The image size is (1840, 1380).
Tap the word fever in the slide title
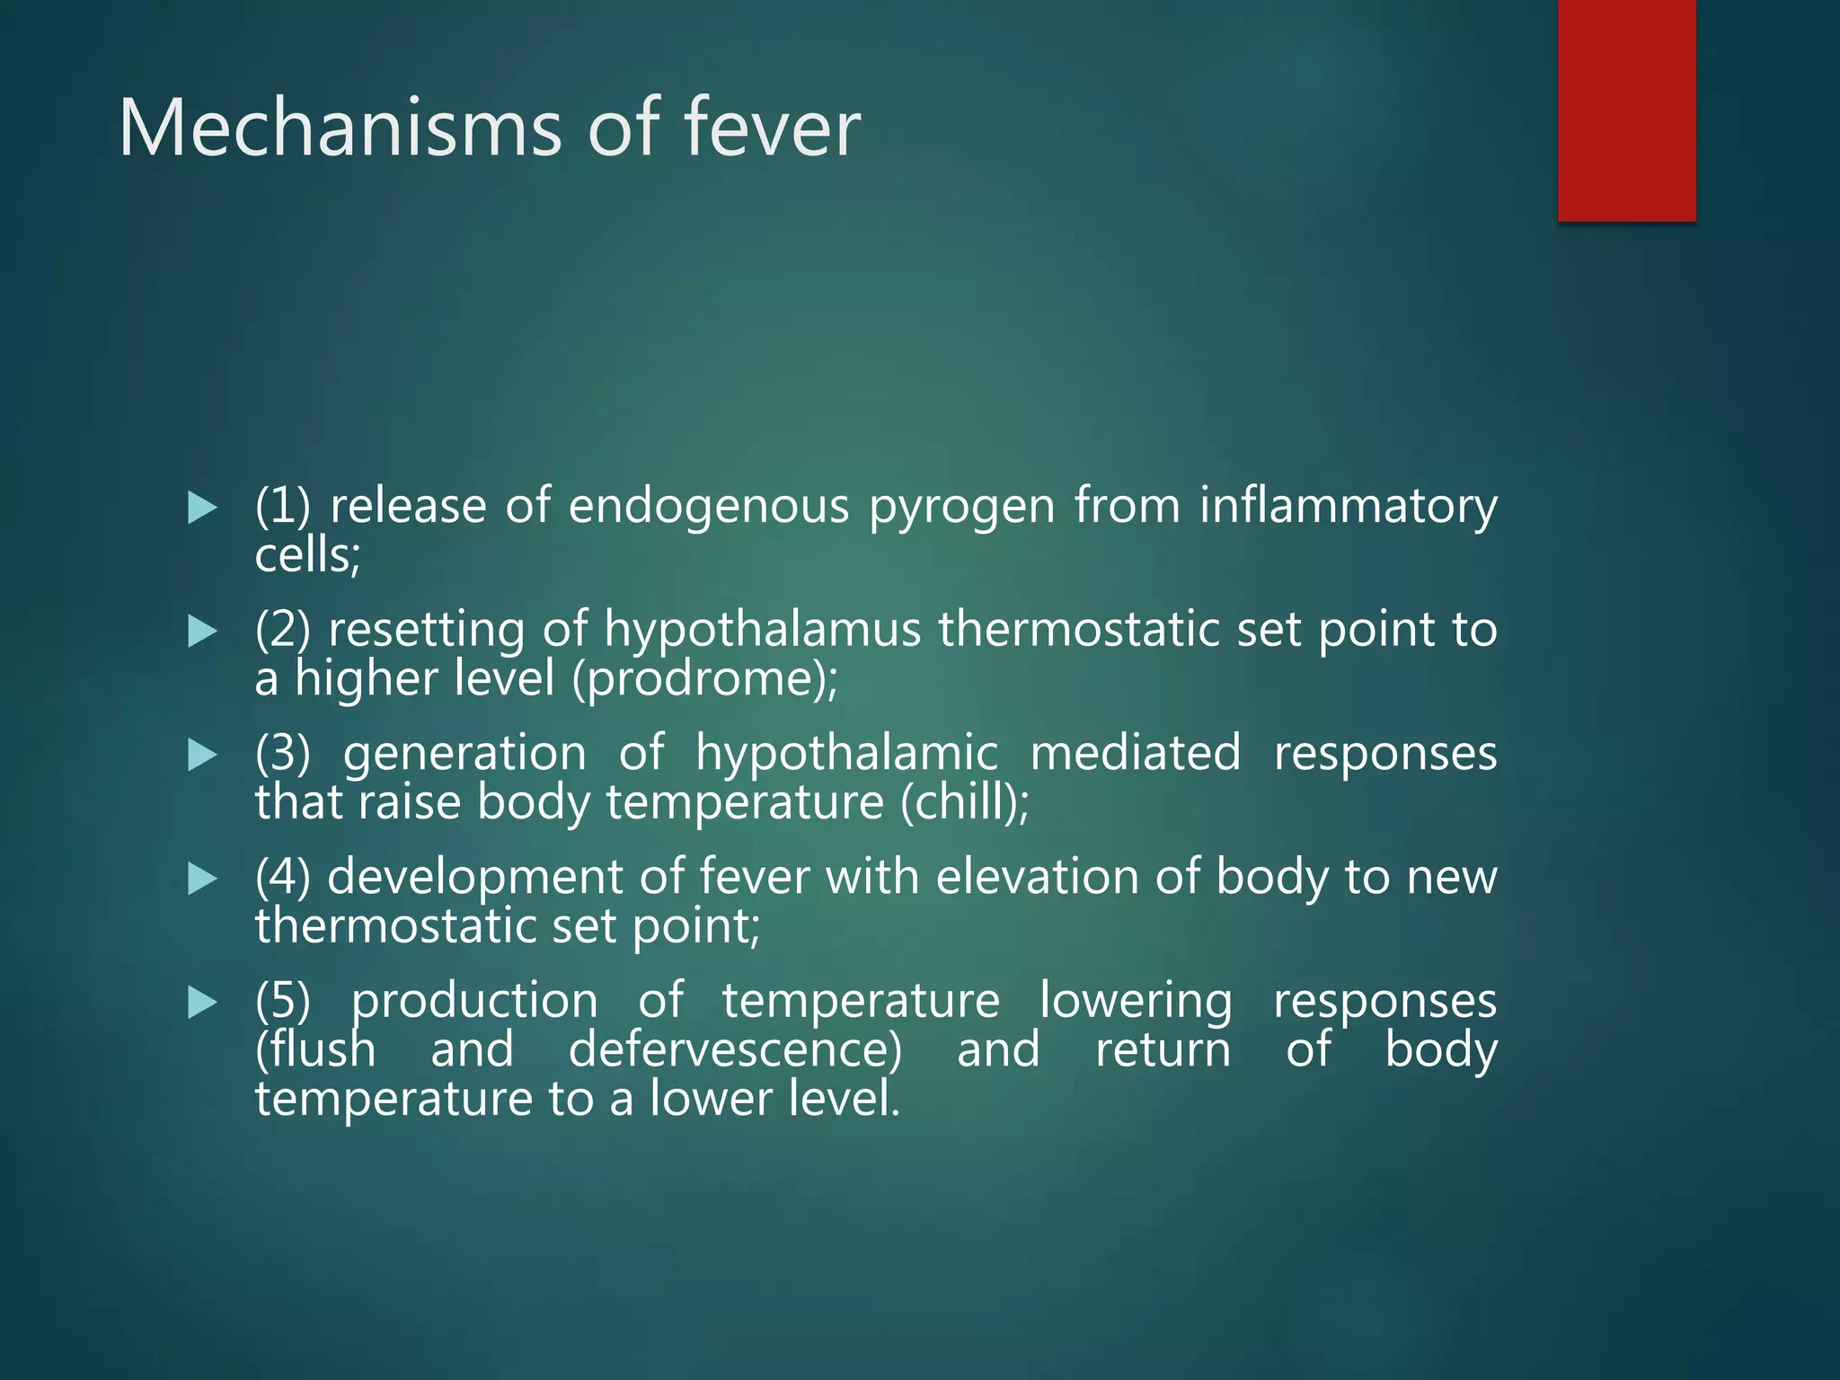(772, 128)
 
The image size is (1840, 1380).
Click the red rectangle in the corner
(1626, 110)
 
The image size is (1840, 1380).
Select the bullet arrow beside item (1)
(203, 509)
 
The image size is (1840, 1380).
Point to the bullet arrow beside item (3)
(203, 756)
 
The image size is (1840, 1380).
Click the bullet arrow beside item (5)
(203, 1003)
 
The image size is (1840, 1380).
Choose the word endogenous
(708, 507)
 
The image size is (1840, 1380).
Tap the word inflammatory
(1348, 507)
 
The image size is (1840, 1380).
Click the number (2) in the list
(282, 630)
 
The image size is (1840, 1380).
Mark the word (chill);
(965, 802)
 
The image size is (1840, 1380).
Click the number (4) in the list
(282, 878)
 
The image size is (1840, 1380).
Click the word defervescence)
(735, 1050)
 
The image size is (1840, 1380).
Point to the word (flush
(315, 1050)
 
